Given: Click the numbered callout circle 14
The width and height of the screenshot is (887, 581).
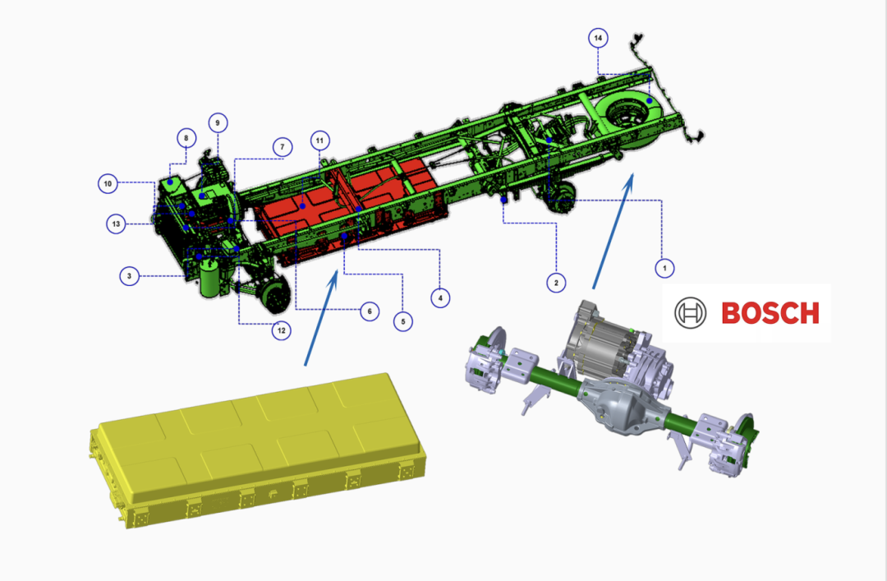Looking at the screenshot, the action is click(x=598, y=38).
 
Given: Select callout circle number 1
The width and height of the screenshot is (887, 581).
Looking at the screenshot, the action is click(x=664, y=268).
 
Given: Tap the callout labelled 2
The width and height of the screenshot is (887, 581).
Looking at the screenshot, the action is click(x=556, y=283).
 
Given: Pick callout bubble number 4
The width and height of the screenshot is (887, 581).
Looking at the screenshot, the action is click(x=440, y=297).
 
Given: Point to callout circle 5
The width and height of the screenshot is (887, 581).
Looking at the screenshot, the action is click(x=402, y=321).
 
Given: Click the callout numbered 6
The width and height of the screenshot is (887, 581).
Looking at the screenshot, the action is click(x=370, y=311).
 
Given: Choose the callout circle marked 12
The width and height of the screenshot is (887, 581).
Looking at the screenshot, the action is click(x=282, y=330).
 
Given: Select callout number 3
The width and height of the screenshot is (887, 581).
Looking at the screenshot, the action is click(x=130, y=276).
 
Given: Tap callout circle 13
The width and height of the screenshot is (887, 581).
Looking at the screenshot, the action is click(x=116, y=224).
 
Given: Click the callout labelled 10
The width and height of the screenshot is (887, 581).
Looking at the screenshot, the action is click(x=108, y=183).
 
